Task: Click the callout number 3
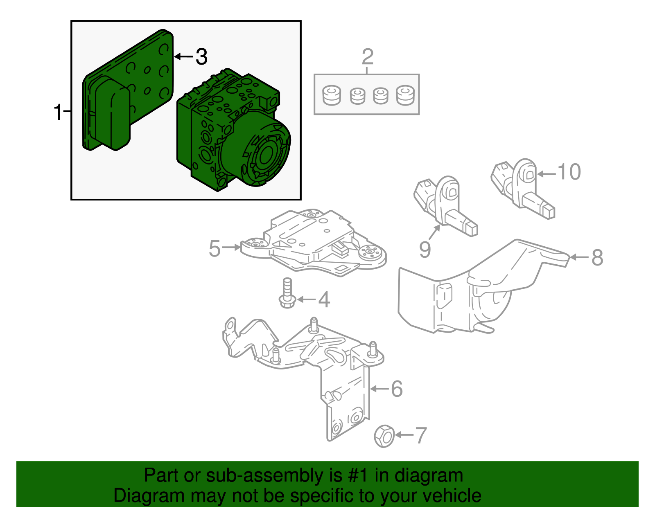201,56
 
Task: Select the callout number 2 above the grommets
367,57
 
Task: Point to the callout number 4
324,300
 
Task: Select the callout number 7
421,435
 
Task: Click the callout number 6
396,389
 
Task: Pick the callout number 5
215,248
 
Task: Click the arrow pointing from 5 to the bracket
232,247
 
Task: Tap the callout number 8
597,258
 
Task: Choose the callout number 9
425,249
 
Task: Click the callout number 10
569,172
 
